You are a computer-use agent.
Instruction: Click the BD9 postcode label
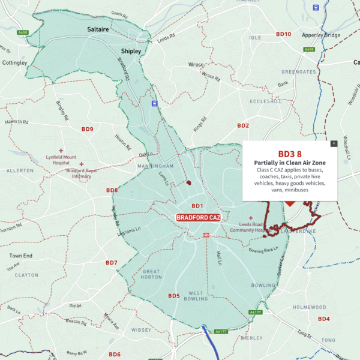[88, 129]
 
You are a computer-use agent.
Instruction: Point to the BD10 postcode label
[283, 34]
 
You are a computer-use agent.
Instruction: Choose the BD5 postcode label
[174, 296]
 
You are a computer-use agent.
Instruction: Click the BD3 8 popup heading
[290, 154]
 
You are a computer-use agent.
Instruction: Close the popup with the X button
[334, 143]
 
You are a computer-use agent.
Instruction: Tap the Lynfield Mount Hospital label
[60, 157]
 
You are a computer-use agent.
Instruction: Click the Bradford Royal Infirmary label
[82, 173]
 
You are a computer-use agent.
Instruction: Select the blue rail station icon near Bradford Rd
[155, 103]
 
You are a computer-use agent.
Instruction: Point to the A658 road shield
[309, 49]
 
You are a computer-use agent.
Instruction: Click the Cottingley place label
[14, 62]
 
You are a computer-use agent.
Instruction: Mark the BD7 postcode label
[112, 263]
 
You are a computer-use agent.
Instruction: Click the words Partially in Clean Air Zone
[290, 163]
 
